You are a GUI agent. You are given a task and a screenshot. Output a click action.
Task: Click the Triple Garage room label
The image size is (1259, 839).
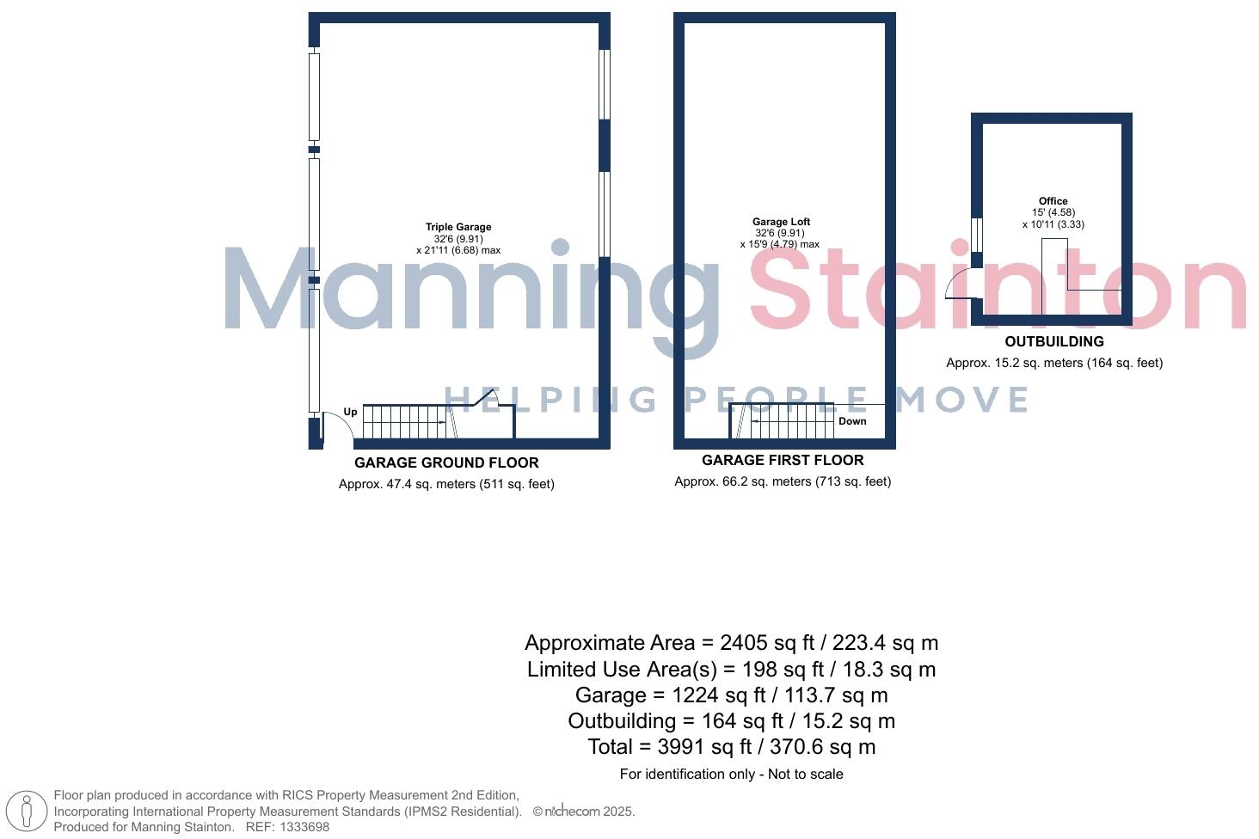pos(458,227)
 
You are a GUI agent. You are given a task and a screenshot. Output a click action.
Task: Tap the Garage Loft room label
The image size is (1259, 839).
pos(781,222)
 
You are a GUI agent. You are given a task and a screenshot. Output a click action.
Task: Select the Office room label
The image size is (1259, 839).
pos(1053,201)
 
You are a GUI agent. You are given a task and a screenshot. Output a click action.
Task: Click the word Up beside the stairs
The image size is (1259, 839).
pos(350,412)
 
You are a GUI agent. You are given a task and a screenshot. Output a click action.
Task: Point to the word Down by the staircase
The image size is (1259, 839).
pos(852,421)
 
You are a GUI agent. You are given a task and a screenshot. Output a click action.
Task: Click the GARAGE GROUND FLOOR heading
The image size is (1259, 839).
pos(446,462)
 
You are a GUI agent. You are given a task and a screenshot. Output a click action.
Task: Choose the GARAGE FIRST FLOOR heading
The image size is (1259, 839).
pos(783,460)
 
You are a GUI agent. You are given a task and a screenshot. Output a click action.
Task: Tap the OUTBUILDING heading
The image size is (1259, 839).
pos(1054,341)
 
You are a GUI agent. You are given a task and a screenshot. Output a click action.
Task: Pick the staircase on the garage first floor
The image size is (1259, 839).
pos(783,420)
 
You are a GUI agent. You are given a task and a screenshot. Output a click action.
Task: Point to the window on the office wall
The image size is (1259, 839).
pos(977,234)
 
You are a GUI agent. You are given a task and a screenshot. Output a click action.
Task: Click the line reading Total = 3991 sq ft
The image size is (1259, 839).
pos(731,747)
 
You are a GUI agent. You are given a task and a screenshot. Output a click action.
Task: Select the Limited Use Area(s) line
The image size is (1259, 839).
pos(731,670)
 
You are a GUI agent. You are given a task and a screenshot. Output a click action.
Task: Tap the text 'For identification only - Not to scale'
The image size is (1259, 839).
pos(731,775)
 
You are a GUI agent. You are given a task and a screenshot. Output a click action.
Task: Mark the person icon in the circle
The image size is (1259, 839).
pos(27,811)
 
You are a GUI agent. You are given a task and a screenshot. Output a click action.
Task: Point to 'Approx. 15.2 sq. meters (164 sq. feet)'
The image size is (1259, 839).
pos(1054,363)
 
